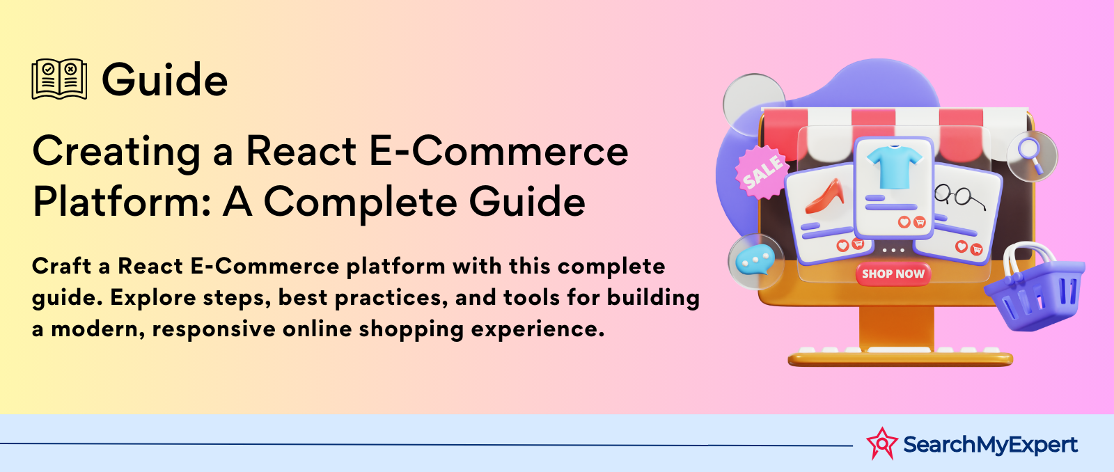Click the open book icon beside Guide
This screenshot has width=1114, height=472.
(59, 79)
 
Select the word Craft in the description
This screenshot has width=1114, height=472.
(62, 266)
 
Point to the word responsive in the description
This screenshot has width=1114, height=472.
(214, 330)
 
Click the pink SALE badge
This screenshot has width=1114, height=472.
(762, 171)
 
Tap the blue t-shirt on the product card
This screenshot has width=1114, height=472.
(894, 166)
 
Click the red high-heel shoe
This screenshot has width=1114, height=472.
(824, 196)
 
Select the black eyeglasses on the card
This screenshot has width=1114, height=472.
(958, 196)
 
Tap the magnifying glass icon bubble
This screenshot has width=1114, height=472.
(1032, 156)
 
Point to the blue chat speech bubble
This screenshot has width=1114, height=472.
(755, 260)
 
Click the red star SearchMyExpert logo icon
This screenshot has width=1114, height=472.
(881, 443)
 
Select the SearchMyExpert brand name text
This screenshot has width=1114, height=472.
(990, 444)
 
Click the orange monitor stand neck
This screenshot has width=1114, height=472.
(896, 326)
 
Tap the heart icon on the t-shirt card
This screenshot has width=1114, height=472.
(904, 222)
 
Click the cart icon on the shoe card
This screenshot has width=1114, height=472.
(858, 243)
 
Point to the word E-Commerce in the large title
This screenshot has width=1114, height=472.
(499, 150)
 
